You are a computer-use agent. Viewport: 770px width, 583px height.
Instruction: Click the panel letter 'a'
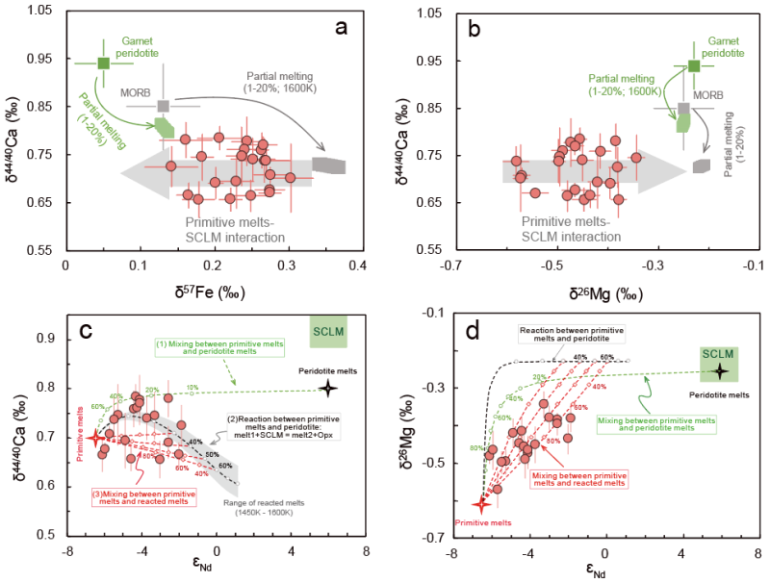coord(341,27)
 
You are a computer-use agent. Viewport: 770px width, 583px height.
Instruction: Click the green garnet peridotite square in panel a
coord(104,63)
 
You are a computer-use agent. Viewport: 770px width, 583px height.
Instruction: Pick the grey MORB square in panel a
coord(164,106)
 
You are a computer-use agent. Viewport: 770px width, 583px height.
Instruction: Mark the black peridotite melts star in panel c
coord(328,388)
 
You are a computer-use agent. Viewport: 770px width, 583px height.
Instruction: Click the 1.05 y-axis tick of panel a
coord(39,13)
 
